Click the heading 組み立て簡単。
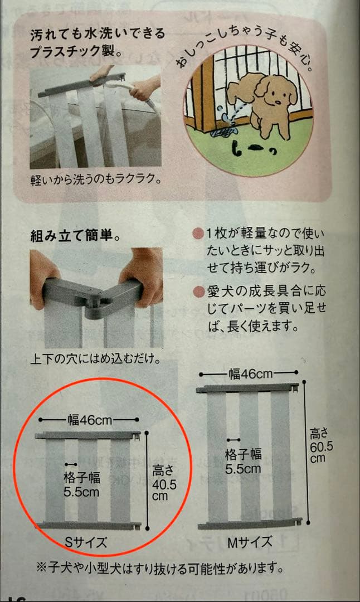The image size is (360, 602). pos(76,235)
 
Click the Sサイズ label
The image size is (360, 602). pos(86,542)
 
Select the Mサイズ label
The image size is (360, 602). pos(250,542)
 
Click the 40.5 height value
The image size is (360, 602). pos(164,484)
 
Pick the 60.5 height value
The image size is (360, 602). pos(322,447)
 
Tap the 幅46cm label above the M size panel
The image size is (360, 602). pos(250,373)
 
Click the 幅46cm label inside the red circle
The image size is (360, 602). pos(89,420)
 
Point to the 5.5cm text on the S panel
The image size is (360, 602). pos(81,492)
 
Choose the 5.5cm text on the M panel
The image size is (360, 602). pos(243,469)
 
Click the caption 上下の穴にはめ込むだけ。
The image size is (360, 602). pos(95,359)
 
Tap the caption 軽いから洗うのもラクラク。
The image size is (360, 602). pos(96,179)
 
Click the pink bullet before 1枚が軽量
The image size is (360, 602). pos(198,234)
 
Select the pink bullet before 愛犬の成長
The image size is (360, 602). pos(198,292)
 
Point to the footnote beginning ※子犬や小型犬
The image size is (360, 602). pos(160,567)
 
